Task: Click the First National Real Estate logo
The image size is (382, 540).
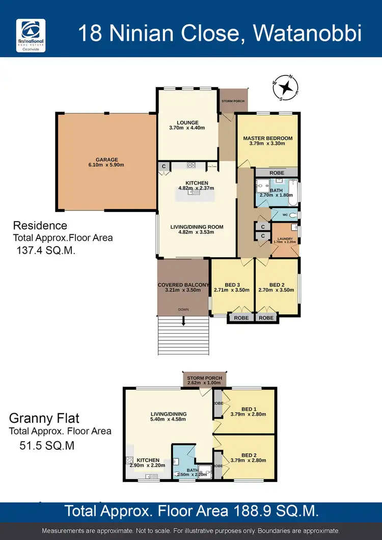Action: pyautogui.click(x=31, y=35)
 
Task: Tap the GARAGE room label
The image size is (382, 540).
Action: pyautogui.click(x=106, y=159)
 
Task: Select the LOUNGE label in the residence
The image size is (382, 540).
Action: pyautogui.click(x=187, y=122)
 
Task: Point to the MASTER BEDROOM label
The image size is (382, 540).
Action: pyautogui.click(x=267, y=138)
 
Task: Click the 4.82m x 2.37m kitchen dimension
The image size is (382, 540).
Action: pyautogui.click(x=196, y=188)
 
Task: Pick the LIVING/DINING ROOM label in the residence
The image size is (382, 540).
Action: pyautogui.click(x=197, y=227)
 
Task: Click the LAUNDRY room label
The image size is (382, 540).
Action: pyautogui.click(x=284, y=238)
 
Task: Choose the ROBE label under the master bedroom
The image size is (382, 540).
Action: pyautogui.click(x=277, y=172)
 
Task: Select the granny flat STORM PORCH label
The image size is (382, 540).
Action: pyautogui.click(x=204, y=378)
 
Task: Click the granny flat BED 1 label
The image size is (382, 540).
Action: pyautogui.click(x=249, y=409)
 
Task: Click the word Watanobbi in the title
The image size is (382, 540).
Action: pyautogui.click(x=307, y=34)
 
